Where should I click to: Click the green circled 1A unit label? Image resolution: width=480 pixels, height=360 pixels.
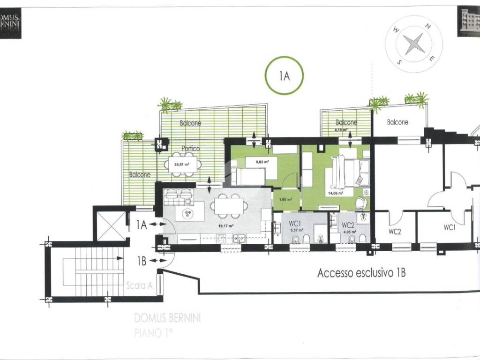[284, 76]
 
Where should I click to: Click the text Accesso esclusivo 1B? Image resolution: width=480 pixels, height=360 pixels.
[361, 273]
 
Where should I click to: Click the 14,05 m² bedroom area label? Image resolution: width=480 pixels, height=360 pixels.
[335, 193]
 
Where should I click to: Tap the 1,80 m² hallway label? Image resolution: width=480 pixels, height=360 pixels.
[285, 199]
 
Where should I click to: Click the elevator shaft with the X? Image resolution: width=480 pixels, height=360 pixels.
[111, 226]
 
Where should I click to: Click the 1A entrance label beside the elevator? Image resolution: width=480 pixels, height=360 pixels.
[142, 225]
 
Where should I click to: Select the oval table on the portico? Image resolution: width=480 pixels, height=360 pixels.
[182, 165]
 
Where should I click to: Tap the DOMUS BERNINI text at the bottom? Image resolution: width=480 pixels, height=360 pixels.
[168, 318]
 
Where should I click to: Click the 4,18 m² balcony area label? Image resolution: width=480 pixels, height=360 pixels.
[341, 130]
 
